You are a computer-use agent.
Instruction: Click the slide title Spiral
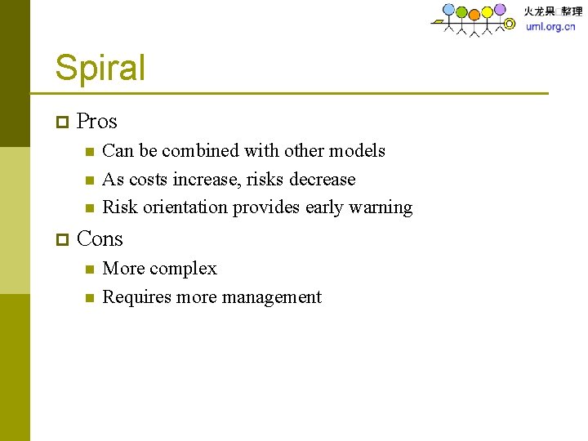coord(100,68)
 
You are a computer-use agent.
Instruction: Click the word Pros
coord(96,122)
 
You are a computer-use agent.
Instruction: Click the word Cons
coord(100,239)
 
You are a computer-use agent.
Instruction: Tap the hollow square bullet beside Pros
coord(61,122)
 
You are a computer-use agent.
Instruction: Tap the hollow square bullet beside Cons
coord(61,240)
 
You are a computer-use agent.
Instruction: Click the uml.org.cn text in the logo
coord(550,26)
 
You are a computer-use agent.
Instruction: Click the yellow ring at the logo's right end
coord(510,24)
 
